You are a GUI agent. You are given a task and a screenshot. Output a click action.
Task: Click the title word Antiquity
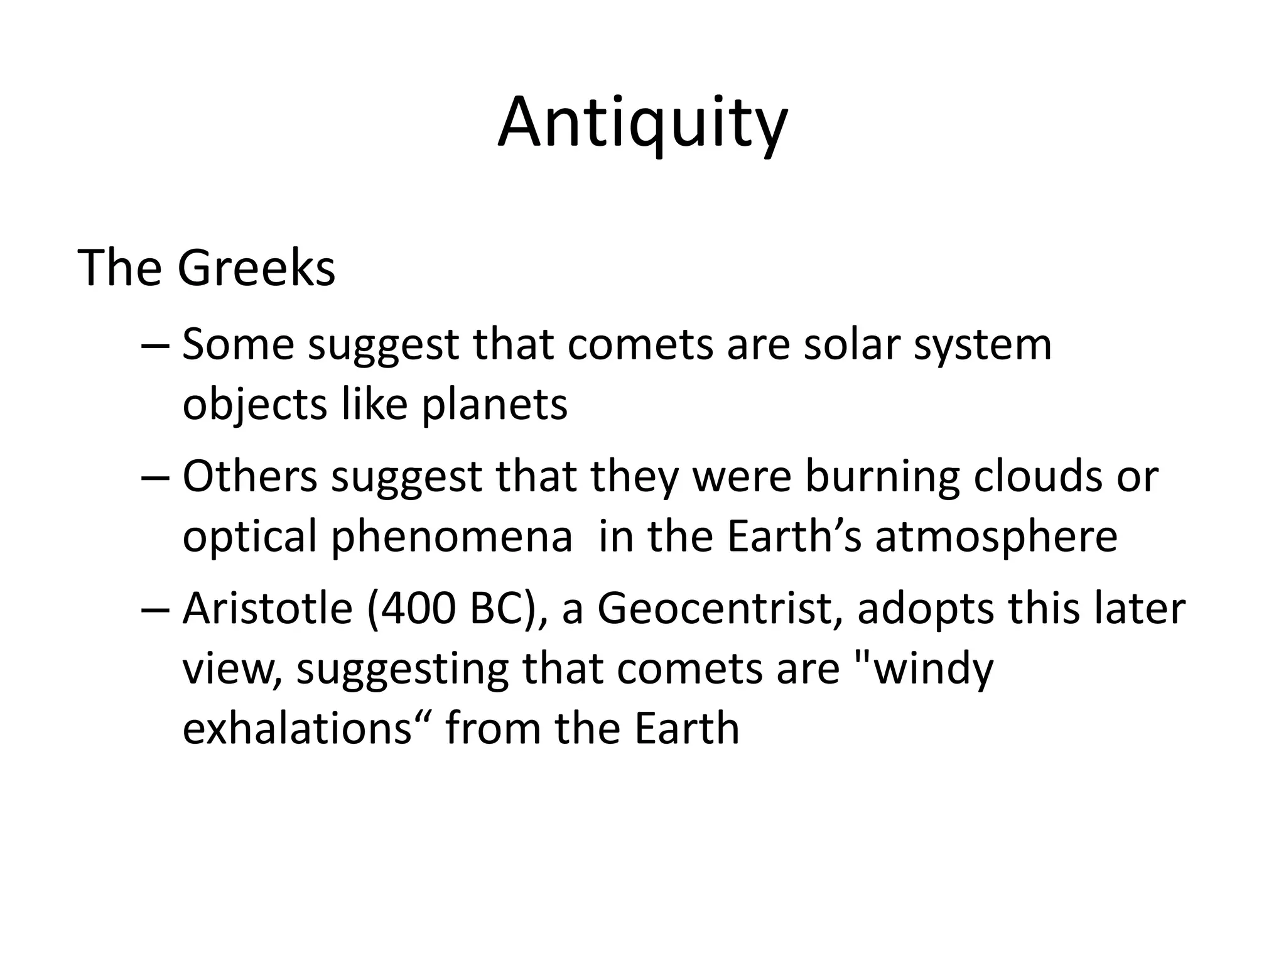point(642,123)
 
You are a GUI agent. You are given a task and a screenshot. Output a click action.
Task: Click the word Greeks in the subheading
point(256,268)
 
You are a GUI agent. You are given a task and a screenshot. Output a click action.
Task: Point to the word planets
point(494,405)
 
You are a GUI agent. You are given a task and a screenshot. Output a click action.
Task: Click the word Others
point(250,477)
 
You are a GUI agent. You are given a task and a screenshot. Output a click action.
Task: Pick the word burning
point(882,477)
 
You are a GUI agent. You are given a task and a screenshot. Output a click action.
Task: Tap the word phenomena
point(451,538)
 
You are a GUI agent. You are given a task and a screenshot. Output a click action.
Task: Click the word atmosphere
point(997,538)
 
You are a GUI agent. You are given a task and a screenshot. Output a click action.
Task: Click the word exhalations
point(298,729)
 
